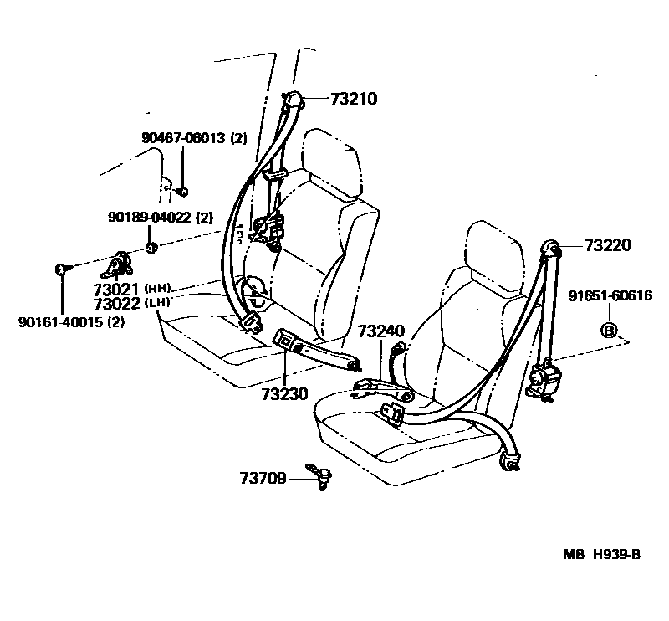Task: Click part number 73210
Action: pos(332,99)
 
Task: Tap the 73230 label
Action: pos(283,393)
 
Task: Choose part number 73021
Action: pos(117,290)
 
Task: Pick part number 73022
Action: pos(117,304)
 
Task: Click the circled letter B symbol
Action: pos(610,330)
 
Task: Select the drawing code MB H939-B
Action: pos(600,553)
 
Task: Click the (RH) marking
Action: pos(158,289)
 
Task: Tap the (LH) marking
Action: pos(158,303)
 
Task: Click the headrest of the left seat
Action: pos(331,159)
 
